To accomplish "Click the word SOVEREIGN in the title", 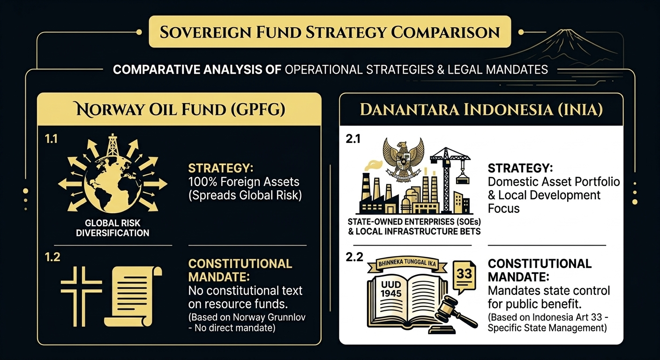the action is pyautogui.click(x=205, y=32).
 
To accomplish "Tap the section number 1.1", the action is pyautogui.click(x=51, y=139).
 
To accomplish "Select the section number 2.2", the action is pyautogui.click(x=354, y=257).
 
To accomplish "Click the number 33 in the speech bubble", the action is pyautogui.click(x=465, y=274).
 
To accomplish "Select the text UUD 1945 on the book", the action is pyautogui.click(x=391, y=289).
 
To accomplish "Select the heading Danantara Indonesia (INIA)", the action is pyautogui.click(x=481, y=110).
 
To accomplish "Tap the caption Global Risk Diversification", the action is pyautogui.click(x=112, y=228).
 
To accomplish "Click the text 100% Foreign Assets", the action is pyautogui.click(x=244, y=182).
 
